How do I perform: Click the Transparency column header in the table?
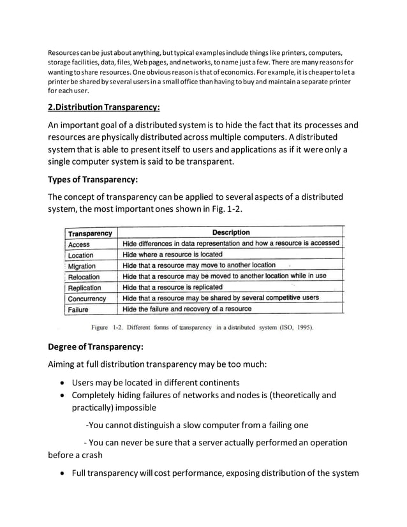pyautogui.click(x=90, y=234)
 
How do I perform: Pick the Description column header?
pyautogui.click(x=231, y=233)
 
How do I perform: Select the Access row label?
pyautogui.click(x=79, y=244)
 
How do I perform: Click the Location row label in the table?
pyautogui.click(x=81, y=255)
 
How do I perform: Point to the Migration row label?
pyautogui.click(x=82, y=266)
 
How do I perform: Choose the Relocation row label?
pyautogui.click(x=84, y=277)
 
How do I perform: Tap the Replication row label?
pyautogui.click(x=84, y=288)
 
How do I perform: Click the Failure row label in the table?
pyautogui.click(x=78, y=309)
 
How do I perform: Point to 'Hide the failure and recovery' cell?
pyautogui.click(x=187, y=309)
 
